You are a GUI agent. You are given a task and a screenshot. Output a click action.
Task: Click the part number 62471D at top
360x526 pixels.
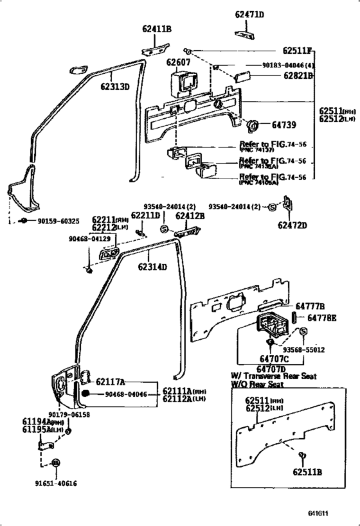pos(249,14)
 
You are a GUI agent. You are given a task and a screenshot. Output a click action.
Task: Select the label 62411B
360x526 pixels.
pos(157,29)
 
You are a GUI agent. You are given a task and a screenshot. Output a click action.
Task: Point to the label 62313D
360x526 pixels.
pos(114,87)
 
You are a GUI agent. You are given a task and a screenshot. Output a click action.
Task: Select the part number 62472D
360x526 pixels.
pos(292,225)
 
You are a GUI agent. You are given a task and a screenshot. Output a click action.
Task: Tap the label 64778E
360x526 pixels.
pos(321,317)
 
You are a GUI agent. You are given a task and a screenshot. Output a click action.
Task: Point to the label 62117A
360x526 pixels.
pos(111,381)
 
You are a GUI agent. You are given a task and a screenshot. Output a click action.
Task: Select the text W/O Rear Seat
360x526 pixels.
pos(257,385)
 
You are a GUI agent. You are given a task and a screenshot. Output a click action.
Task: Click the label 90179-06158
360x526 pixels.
pos(70,415)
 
